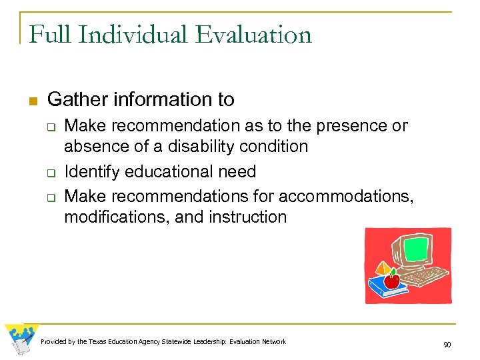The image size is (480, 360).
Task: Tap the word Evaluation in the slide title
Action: click(260, 34)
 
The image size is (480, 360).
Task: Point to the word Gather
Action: click(76, 100)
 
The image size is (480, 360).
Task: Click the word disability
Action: click(199, 146)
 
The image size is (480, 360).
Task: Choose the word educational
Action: click(168, 171)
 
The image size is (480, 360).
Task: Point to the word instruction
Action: click(247, 217)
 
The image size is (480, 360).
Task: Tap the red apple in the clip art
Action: click(391, 281)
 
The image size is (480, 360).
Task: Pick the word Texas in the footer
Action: click(99, 342)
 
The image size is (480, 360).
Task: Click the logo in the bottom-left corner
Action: click(21, 339)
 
